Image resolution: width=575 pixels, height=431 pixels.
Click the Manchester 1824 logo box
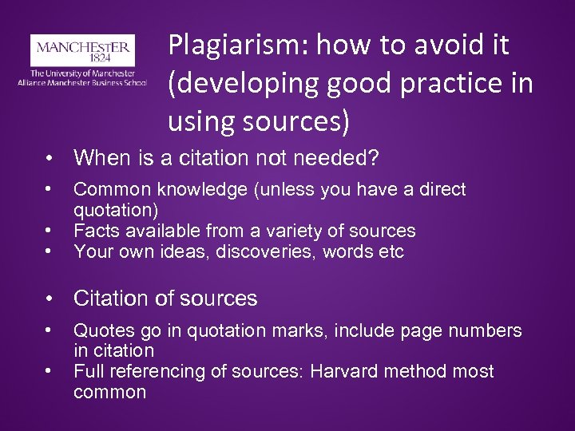pos(81,51)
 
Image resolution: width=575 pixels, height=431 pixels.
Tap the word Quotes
pos(101,330)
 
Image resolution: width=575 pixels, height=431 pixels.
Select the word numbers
pos(487,330)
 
